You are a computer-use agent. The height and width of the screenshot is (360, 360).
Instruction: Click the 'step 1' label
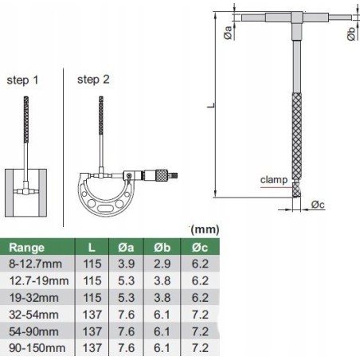tap(22, 80)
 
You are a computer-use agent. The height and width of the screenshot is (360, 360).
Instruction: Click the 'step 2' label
tap(94, 80)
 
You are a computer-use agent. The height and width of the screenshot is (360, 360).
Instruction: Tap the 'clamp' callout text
tap(274, 181)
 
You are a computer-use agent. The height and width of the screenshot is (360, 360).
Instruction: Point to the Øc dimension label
tap(317, 205)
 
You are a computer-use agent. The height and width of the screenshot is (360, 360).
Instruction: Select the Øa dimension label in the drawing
tap(229, 33)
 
